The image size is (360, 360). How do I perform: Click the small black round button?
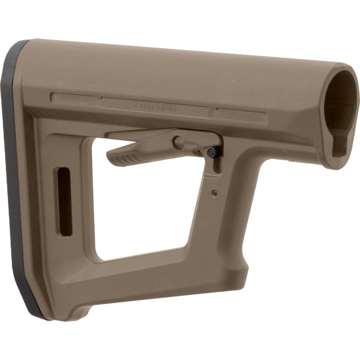point(211,153)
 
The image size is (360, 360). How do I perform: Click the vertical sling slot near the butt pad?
point(65,201)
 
